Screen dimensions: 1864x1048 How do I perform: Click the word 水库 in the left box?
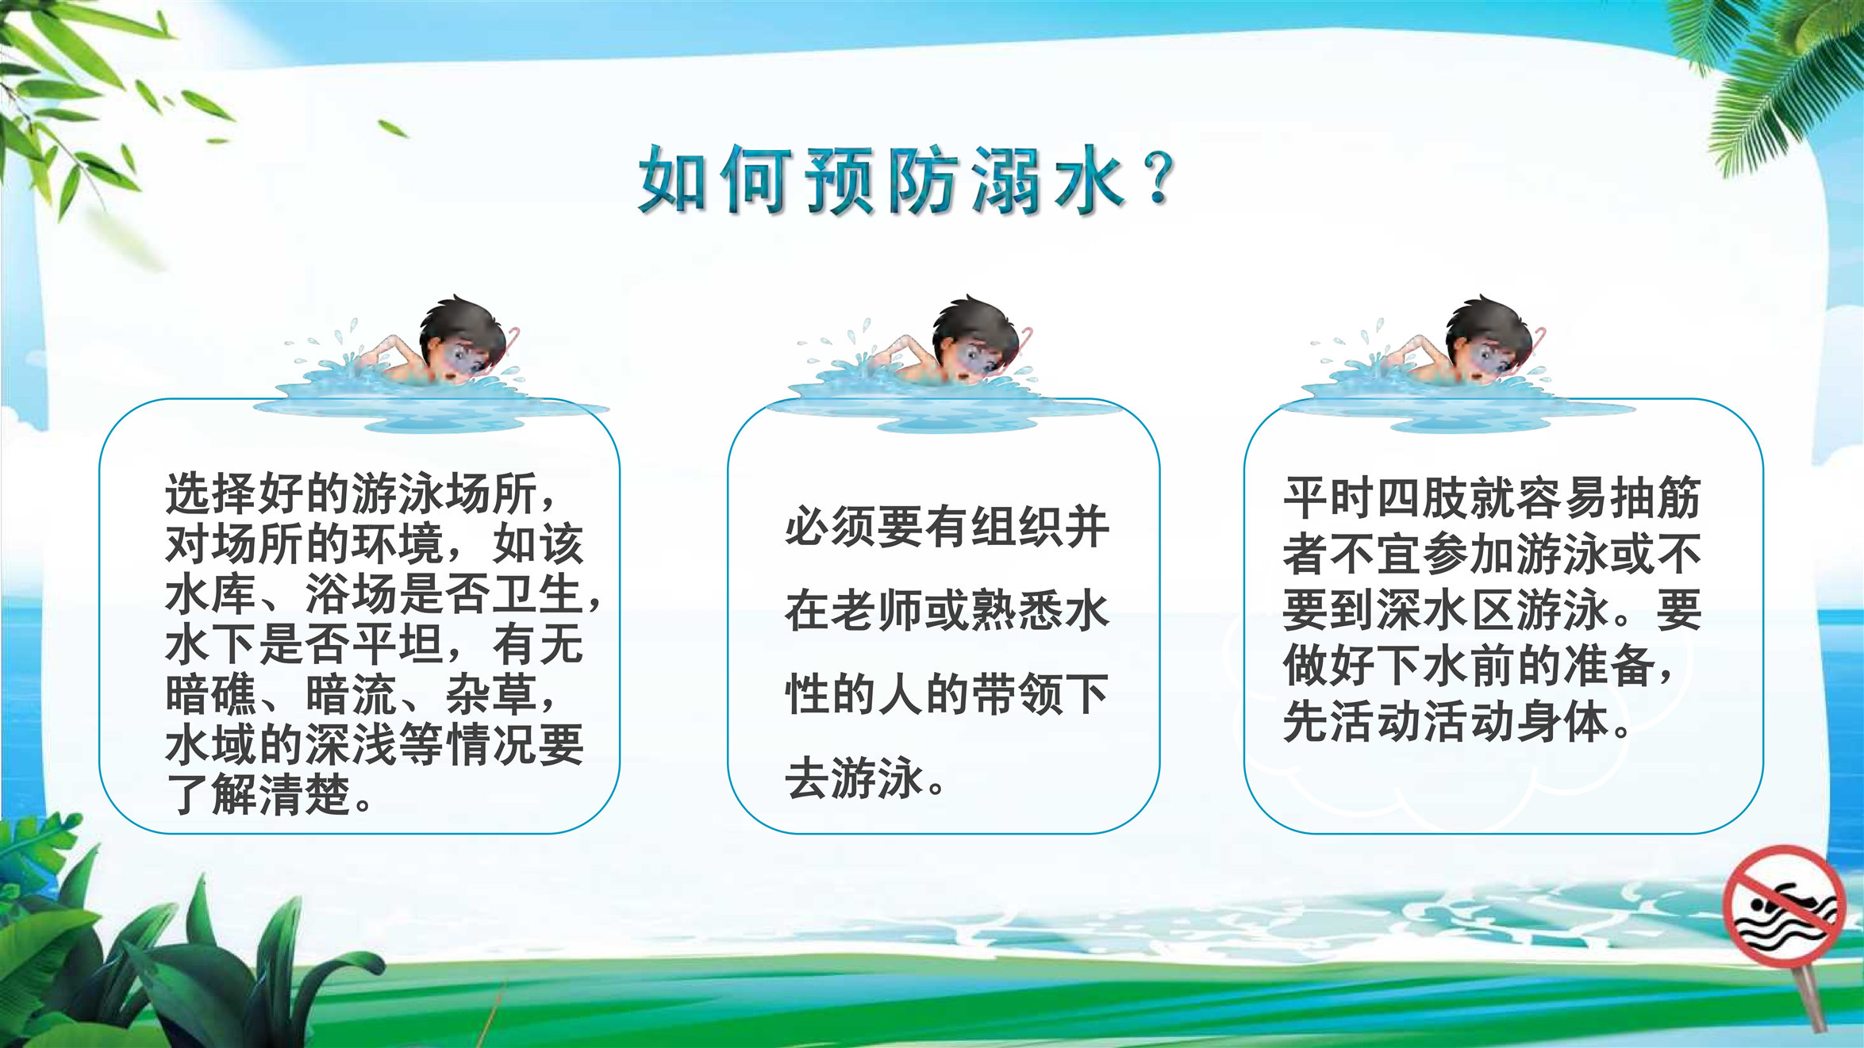[211, 593]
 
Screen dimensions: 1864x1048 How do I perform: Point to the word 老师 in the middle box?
[878, 610]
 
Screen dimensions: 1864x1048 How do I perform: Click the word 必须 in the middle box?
[832, 527]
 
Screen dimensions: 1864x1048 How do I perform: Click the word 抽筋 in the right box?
[1655, 497]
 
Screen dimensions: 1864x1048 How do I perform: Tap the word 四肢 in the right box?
[1423, 497]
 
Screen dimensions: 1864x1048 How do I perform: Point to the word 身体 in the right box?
[1562, 721]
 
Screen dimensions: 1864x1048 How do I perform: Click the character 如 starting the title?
[673, 180]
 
